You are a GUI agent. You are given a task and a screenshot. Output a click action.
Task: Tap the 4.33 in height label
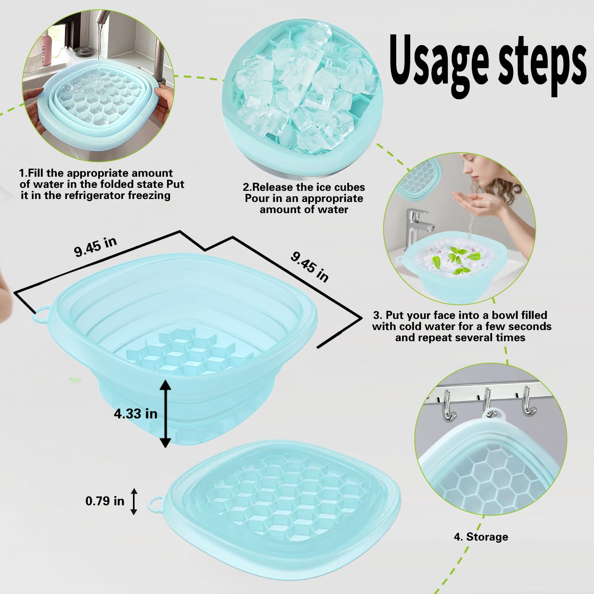click(x=136, y=414)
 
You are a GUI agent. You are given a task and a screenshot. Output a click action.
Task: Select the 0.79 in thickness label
click(x=105, y=501)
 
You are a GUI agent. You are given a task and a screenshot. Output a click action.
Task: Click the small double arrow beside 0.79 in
click(x=134, y=501)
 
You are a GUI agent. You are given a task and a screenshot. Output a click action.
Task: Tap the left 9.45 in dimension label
click(x=96, y=247)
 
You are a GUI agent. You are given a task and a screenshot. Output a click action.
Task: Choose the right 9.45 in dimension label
click(x=310, y=267)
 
